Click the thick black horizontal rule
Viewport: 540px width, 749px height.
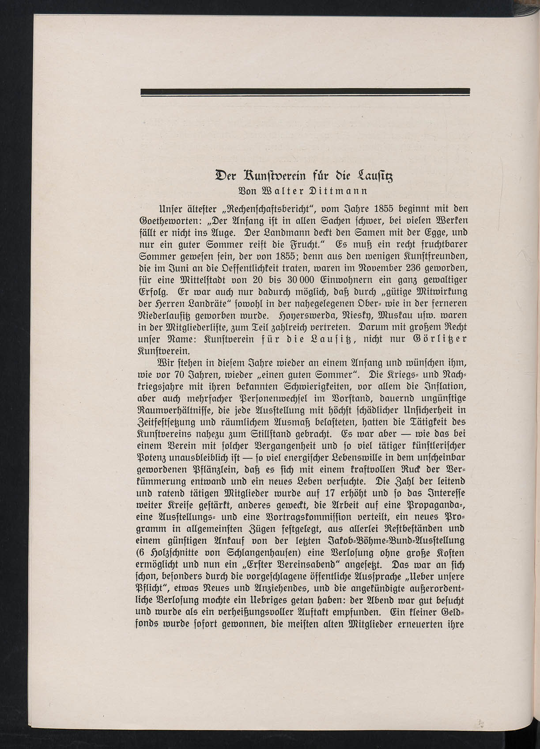pos(305,91)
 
